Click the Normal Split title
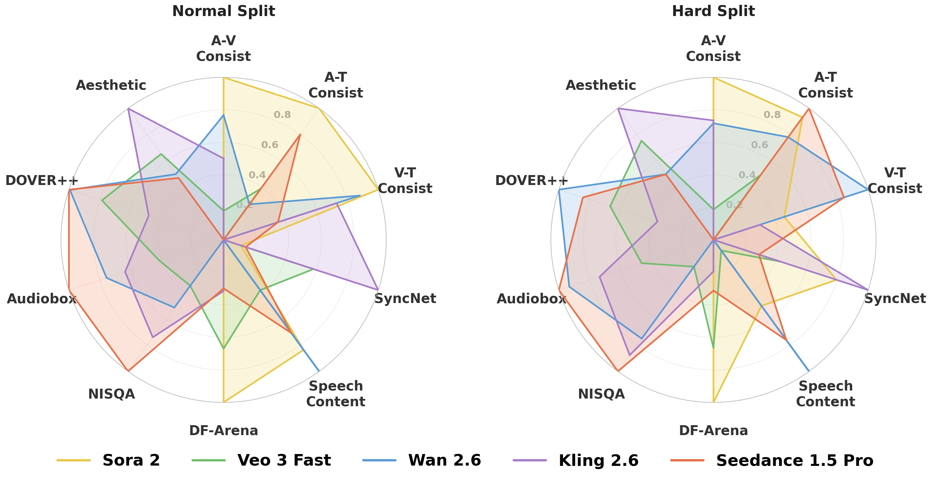[223, 11]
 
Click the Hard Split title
[713, 11]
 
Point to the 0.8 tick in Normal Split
[282, 115]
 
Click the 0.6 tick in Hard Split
[759, 145]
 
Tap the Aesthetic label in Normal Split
[111, 86]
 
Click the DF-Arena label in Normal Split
[223, 431]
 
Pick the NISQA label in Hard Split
[601, 394]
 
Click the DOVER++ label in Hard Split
[531, 180]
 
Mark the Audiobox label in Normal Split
[42, 299]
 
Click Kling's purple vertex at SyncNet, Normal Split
[378, 290]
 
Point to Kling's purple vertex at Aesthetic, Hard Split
[618, 108]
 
